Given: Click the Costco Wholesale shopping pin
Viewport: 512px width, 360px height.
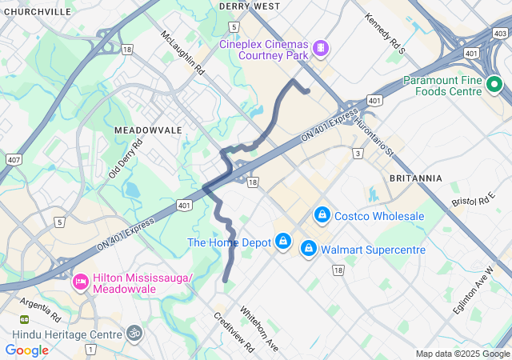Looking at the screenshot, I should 322,214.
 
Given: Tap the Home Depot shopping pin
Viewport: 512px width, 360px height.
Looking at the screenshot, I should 282,240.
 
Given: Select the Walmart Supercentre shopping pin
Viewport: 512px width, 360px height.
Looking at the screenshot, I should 308,250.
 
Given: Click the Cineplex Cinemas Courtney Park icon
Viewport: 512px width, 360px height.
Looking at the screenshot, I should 320,49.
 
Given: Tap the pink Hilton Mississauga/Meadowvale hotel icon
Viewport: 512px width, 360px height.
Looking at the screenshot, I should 80,282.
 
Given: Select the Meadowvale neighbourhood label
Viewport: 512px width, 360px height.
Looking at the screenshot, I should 148,130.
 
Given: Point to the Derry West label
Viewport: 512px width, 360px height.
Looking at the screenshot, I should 249,6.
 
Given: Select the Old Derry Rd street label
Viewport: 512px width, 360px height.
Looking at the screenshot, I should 126,158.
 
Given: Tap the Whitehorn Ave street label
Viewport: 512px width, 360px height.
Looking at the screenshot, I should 258,329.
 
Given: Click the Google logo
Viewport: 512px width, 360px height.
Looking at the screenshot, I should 26,350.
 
